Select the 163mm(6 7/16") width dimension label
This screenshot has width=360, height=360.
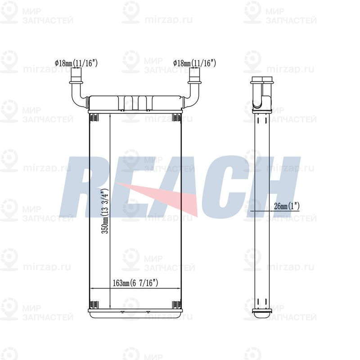point(135,283)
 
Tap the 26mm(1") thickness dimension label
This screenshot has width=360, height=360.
point(287,206)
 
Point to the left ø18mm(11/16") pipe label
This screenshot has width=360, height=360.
point(76,63)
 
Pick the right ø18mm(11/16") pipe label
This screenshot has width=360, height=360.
point(195,63)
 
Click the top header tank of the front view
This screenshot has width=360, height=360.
point(135,103)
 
